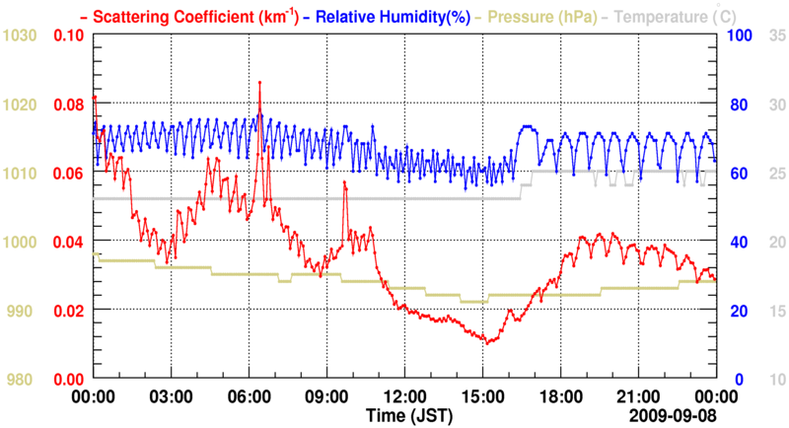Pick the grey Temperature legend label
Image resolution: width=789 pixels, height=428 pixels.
(x=676, y=16)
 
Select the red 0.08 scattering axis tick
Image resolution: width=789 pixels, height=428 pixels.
(x=69, y=105)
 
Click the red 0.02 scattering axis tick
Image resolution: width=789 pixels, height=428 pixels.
(x=69, y=311)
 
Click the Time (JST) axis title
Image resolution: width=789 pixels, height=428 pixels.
(x=408, y=413)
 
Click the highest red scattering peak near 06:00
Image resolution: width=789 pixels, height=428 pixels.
(x=259, y=83)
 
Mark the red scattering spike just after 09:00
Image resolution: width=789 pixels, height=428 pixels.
(x=344, y=182)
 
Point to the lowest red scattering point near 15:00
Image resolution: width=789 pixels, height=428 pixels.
(x=485, y=343)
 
